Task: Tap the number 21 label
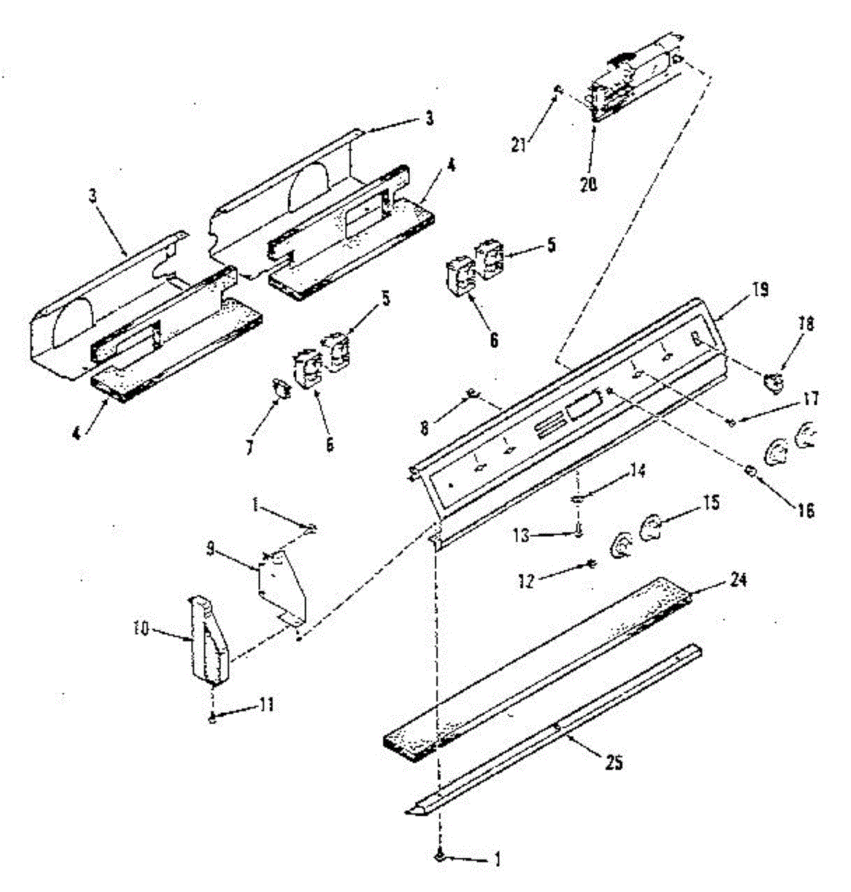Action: click(x=519, y=144)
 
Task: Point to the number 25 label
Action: click(x=613, y=762)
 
